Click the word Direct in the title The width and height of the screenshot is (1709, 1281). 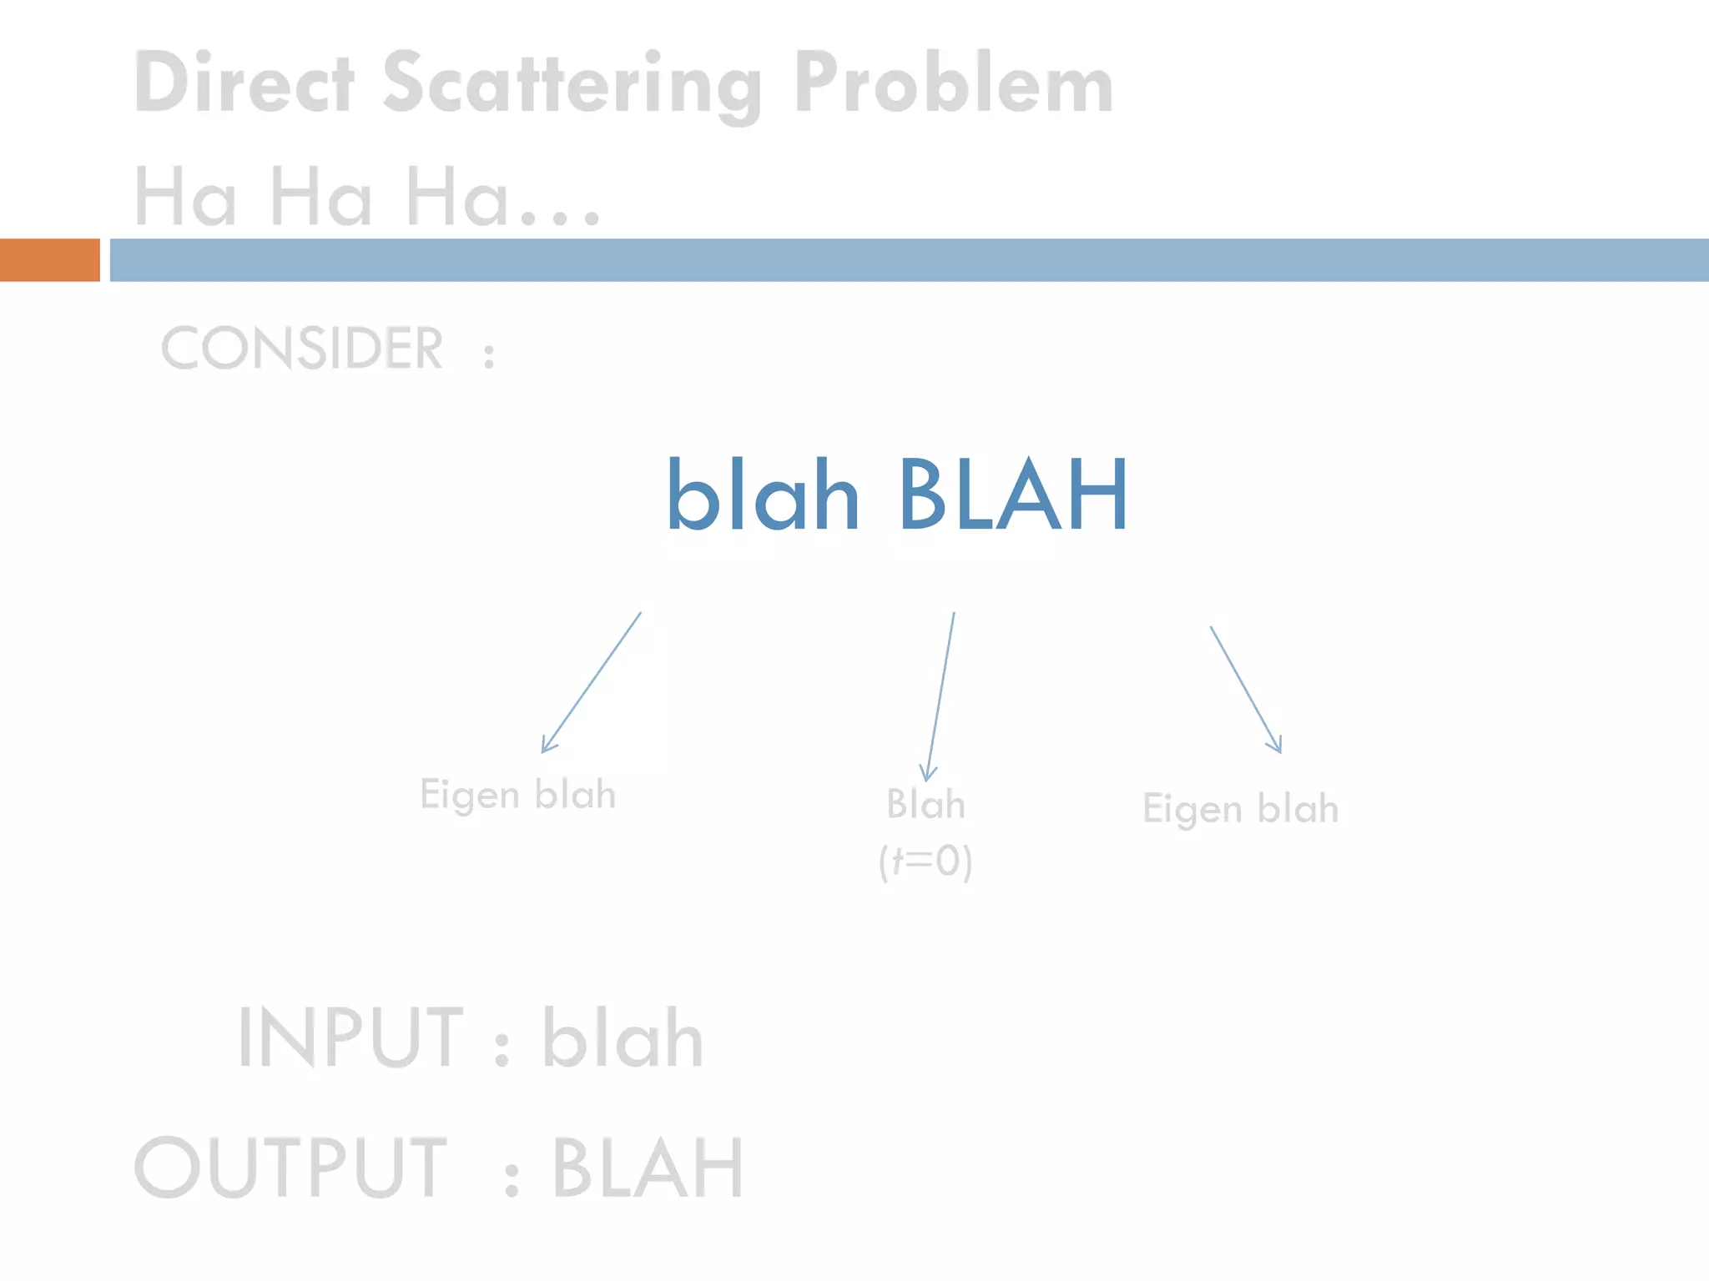point(244,83)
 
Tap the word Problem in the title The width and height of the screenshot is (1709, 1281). point(953,83)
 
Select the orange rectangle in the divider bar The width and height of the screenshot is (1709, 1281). point(49,260)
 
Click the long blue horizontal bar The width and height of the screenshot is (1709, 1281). point(908,260)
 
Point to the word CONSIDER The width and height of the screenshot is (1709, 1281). point(302,349)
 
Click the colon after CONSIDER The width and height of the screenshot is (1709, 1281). point(489,355)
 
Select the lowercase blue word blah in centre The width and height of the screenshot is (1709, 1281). point(763,495)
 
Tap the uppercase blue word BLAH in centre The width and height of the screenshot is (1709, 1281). point(1013,495)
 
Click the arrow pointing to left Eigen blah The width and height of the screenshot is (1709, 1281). point(591,683)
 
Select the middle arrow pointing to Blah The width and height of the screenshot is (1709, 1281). point(940,697)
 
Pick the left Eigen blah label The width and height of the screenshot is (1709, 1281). point(517,795)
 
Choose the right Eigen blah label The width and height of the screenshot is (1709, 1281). point(1240,809)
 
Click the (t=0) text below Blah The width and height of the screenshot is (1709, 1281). point(925,861)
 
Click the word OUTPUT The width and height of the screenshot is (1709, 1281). point(290,1167)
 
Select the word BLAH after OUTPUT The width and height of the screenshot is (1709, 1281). point(647,1168)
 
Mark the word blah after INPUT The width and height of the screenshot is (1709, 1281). point(623,1038)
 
